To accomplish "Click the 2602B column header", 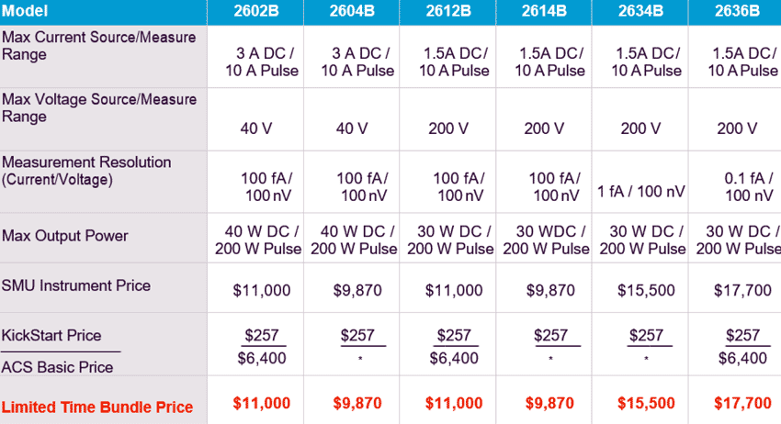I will tap(255, 12).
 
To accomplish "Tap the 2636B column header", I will tap(736, 12).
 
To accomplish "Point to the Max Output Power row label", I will tap(65, 237).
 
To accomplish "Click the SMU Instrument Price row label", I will tap(76, 285).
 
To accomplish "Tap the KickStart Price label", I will tap(51, 335).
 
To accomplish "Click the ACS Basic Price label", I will tap(58, 367).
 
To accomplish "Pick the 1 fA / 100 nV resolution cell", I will tap(640, 192).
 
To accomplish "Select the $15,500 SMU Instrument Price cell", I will tap(640, 291).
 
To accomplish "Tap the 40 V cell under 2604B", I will tap(352, 128).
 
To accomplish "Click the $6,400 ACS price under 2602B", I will tap(261, 358).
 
